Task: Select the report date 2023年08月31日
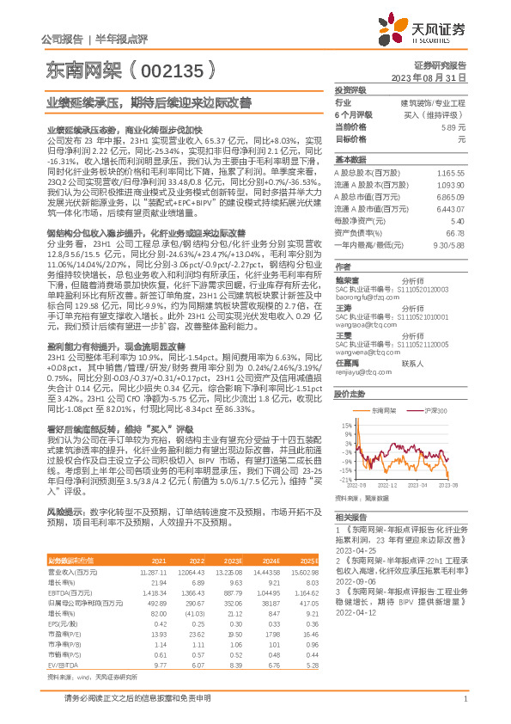pos(428,77)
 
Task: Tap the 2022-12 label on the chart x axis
pos(388,486)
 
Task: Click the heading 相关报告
pos(350,517)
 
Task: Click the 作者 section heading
pos(343,267)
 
